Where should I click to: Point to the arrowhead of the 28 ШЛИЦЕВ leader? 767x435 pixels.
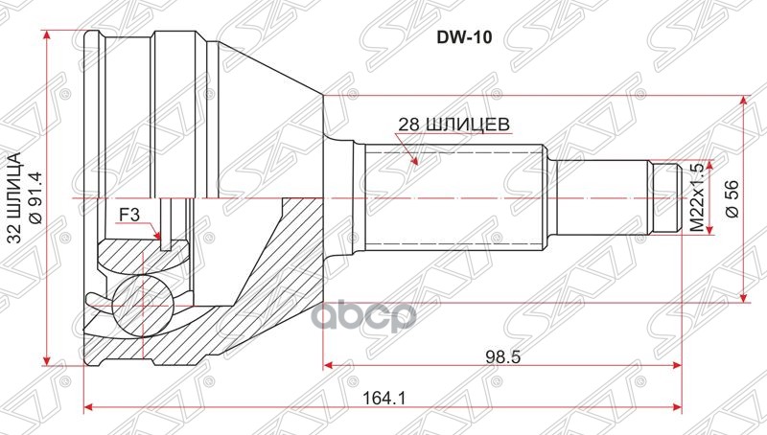[415, 162]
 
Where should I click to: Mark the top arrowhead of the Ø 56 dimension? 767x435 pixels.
[743, 101]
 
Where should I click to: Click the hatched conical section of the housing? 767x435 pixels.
[288, 268]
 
